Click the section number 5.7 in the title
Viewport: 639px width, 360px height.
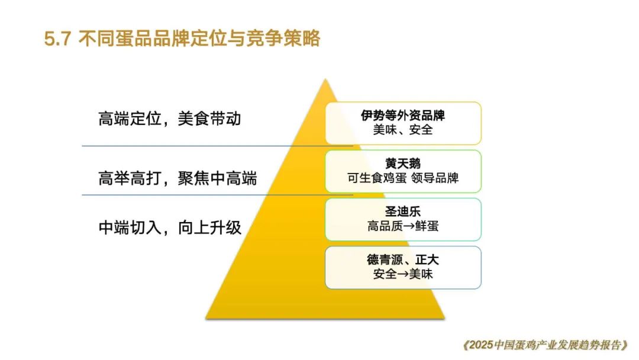57,39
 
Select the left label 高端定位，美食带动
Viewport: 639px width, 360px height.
170,119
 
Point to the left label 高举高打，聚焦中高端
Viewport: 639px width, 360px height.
177,179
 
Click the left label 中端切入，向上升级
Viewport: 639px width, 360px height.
170,227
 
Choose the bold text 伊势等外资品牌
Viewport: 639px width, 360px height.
403,115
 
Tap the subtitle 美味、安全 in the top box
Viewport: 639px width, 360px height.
403,130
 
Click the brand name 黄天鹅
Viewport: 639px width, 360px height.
403,163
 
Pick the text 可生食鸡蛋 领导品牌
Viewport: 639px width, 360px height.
403,178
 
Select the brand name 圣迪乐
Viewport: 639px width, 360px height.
403,211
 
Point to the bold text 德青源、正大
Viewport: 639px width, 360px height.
403,260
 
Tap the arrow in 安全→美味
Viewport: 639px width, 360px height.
403,274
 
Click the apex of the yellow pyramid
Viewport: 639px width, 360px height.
325,79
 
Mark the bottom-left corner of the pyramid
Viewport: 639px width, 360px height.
206,317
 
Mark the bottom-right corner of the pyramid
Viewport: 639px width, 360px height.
444,317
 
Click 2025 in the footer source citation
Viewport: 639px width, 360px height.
481,345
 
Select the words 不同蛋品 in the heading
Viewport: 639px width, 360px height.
111,38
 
